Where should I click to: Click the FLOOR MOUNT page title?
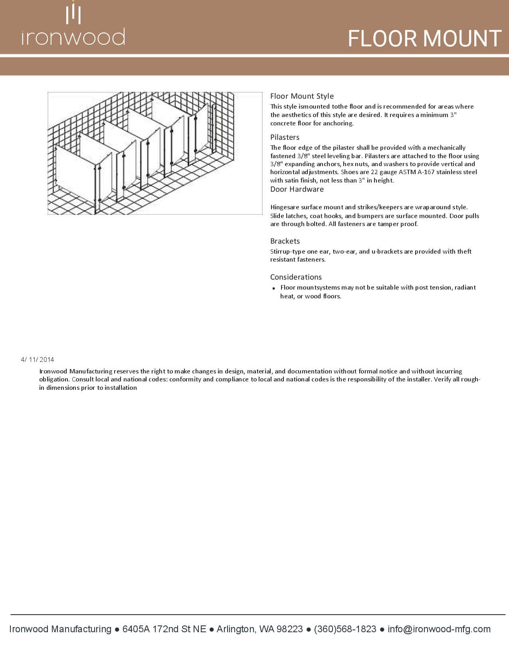pyautogui.click(x=424, y=39)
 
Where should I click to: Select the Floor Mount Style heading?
pyautogui.click(x=302, y=96)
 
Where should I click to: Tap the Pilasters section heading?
pyautogui.click(x=285, y=137)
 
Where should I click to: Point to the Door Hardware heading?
pyautogui.click(x=297, y=189)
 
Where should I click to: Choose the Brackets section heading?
pyautogui.click(x=285, y=241)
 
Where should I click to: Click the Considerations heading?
pyautogui.click(x=296, y=277)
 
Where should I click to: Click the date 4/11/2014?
pyautogui.click(x=38, y=359)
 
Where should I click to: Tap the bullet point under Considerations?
pyautogui.click(x=274, y=288)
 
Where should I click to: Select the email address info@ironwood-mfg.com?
pyautogui.click(x=439, y=629)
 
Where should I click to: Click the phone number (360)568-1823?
pyautogui.click(x=345, y=629)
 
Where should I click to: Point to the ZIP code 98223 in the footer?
pyautogui.click(x=290, y=629)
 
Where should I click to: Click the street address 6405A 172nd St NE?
pyautogui.click(x=164, y=629)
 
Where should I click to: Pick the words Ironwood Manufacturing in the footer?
pyautogui.click(x=60, y=629)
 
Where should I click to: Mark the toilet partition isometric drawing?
pyautogui.click(x=155, y=153)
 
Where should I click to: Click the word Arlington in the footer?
pyautogui.click(x=236, y=629)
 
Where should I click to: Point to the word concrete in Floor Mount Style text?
pyautogui.click(x=282, y=123)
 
